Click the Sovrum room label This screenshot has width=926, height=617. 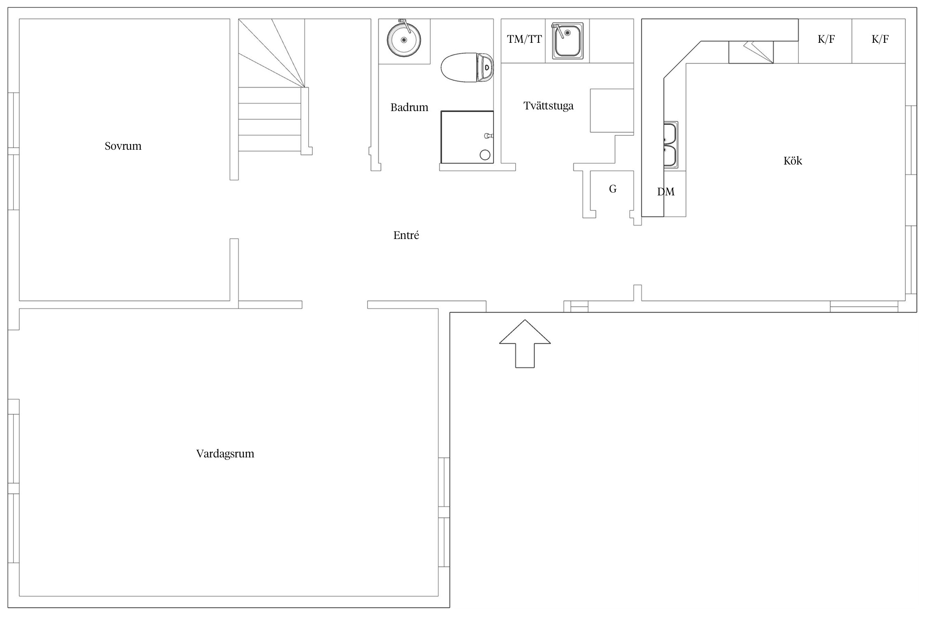tap(123, 146)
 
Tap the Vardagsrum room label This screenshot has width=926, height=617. tap(225, 454)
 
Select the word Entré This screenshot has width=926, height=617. tap(406, 235)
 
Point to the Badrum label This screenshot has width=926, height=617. tap(409, 107)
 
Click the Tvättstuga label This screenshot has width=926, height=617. tap(549, 106)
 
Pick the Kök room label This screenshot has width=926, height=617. tap(793, 160)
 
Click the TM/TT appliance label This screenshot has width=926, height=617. tap(524, 39)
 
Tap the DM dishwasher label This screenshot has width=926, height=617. tap(666, 192)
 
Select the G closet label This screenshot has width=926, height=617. tap(613, 189)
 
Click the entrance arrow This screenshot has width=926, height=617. tap(525, 344)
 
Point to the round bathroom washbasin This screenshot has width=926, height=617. tap(404, 39)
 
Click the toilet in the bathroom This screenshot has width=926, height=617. tap(467, 67)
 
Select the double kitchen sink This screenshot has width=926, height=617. tap(670, 145)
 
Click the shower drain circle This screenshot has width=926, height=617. tap(485, 155)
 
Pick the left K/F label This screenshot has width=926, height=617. tap(826, 39)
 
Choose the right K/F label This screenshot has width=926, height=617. tap(880, 39)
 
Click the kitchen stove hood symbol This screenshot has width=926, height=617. tap(751, 52)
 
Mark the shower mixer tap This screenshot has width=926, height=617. tap(489, 135)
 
